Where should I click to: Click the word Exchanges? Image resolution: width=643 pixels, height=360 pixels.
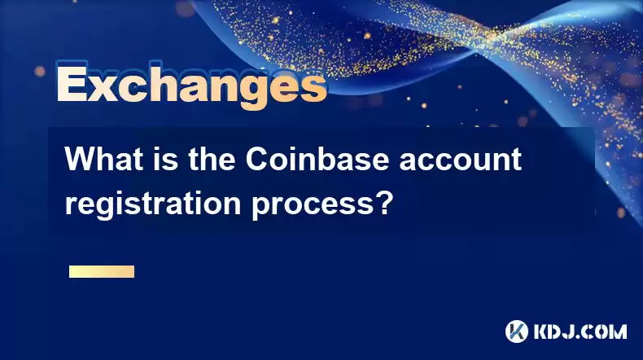coord(191,86)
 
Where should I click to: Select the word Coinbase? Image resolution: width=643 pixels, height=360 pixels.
coord(317,160)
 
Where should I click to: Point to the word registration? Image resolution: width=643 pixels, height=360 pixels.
coord(153,204)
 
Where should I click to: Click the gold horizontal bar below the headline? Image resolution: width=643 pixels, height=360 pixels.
coord(102,271)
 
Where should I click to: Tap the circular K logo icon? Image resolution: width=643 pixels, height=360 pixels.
coord(517,331)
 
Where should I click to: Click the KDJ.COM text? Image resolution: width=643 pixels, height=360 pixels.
coord(580,331)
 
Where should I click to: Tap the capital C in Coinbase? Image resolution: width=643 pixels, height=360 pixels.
coord(256,160)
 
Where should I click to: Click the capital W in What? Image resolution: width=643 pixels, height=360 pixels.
coord(80,160)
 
